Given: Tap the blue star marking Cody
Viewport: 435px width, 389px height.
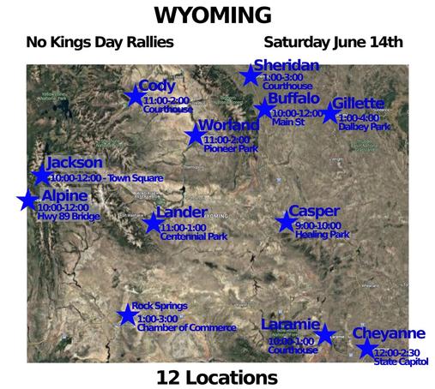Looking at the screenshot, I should point(135,96).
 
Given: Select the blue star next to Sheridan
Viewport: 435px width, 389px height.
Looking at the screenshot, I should point(250,75).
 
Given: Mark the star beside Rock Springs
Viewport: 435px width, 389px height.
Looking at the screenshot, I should point(127,314).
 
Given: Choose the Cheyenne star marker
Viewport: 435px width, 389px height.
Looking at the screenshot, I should point(366,348).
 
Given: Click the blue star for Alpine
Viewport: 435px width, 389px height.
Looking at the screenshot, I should point(27,200).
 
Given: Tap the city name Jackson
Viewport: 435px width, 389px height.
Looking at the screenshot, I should point(75,162).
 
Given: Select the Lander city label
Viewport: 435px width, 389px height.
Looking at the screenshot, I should point(182,212).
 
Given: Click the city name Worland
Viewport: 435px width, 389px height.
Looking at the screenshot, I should point(228,126).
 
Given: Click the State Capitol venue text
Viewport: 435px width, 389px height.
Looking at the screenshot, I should point(398,362).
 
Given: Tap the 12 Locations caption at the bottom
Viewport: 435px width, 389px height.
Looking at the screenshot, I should point(216,376).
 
